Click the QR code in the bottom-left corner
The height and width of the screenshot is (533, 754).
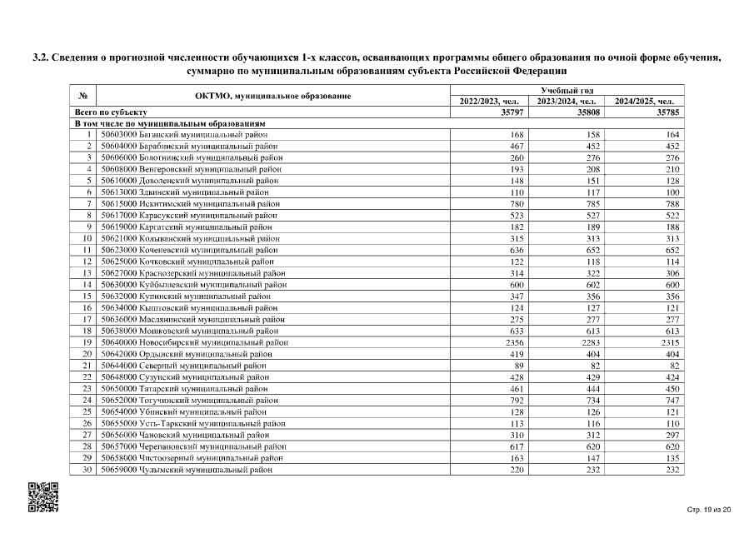coord(44,497)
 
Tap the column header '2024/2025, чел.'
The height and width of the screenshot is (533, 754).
coord(644,102)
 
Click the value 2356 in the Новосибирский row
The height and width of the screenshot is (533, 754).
coord(511,341)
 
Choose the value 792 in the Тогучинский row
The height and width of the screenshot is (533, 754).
coord(514,400)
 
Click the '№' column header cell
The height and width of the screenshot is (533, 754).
coord(83,96)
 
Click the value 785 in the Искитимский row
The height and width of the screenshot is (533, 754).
coord(592,203)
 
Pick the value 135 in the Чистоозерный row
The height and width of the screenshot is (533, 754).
coord(672,457)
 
